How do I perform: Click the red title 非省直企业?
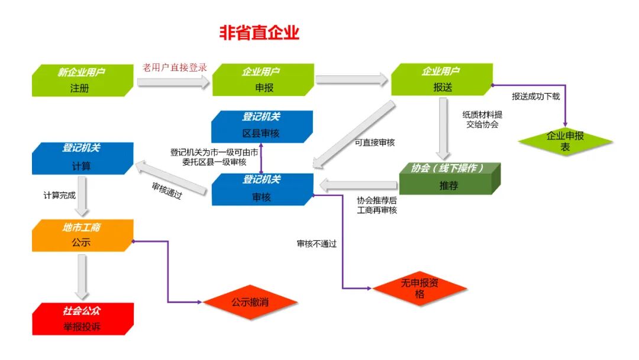pyautogui.click(x=259, y=33)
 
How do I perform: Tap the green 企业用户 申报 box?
pyautogui.click(x=262, y=81)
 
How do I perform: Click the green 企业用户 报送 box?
pyautogui.click(x=441, y=80)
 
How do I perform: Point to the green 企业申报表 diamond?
pyautogui.click(x=565, y=141)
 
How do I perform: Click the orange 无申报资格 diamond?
pyautogui.click(x=419, y=288)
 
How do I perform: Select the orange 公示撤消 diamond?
pyautogui.click(x=250, y=302)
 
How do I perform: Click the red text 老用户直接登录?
pyautogui.click(x=175, y=67)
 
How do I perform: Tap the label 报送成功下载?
pyautogui.click(x=535, y=97)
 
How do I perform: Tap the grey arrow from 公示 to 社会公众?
pyautogui.click(x=82, y=277)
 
